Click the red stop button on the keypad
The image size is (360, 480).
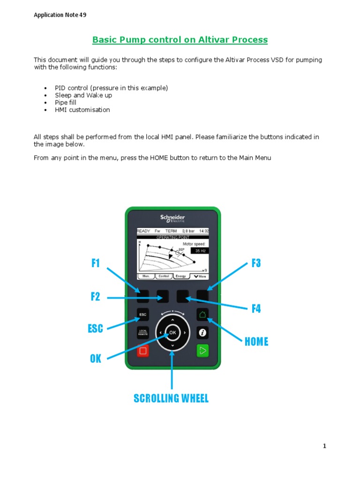click(x=143, y=350)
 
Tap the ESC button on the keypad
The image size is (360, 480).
click(x=143, y=314)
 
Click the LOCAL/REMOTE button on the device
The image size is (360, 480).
click(x=143, y=332)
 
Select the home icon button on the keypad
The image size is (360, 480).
click(x=202, y=314)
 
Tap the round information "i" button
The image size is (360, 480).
click(x=202, y=332)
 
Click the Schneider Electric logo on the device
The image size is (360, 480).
click(x=172, y=218)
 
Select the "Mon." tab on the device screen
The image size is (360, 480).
click(x=146, y=277)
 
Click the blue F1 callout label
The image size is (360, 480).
click(x=96, y=263)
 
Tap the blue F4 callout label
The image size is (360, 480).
click(x=256, y=309)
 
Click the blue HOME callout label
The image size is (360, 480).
click(x=256, y=342)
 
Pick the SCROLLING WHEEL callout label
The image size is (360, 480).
click(x=171, y=398)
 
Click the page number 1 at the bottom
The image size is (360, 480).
click(x=324, y=446)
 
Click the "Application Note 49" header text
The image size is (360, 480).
click(x=60, y=15)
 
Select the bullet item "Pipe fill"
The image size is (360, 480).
click(x=66, y=103)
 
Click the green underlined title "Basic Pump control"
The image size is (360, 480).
click(x=180, y=40)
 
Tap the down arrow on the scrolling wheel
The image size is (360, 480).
click(x=172, y=345)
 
